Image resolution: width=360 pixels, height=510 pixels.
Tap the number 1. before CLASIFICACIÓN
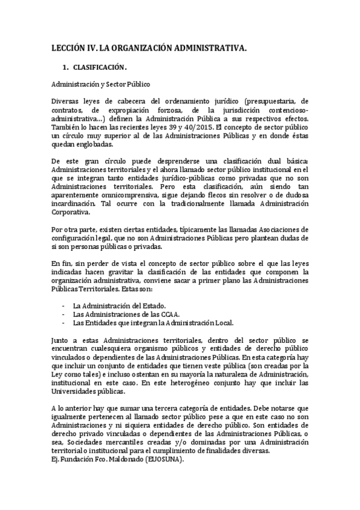(x=75, y=67)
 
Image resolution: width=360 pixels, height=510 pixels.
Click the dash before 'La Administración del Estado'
(x=64, y=305)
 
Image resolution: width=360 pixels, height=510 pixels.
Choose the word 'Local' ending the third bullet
(x=221, y=322)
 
